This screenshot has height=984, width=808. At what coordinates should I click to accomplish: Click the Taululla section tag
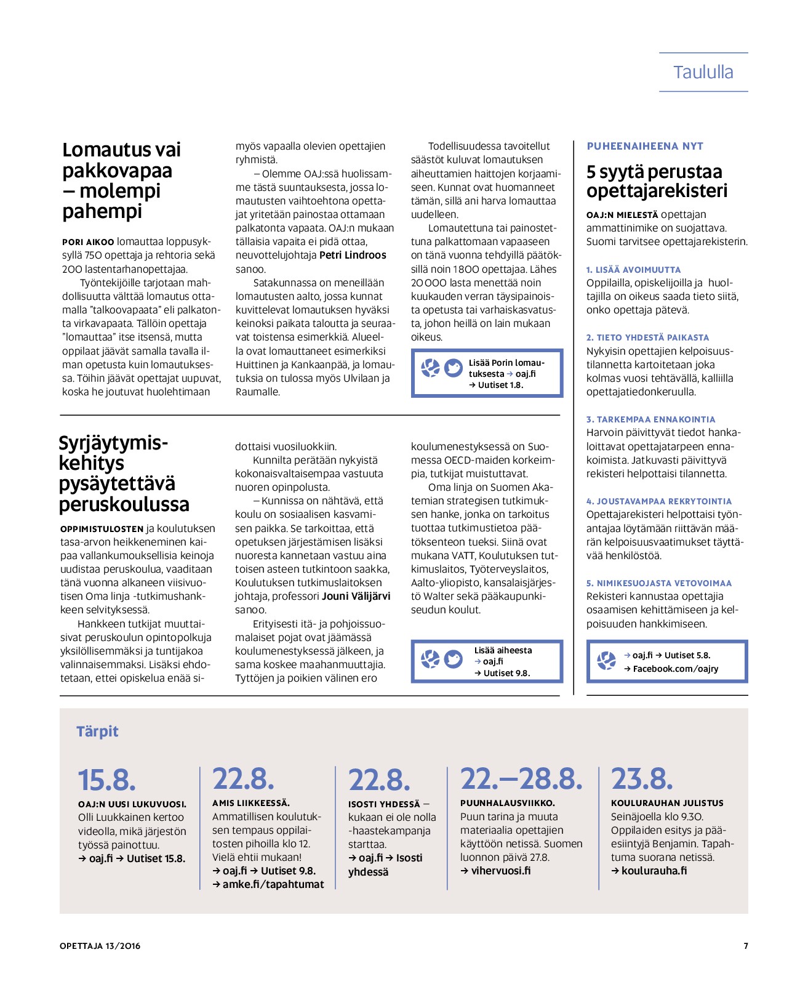703,72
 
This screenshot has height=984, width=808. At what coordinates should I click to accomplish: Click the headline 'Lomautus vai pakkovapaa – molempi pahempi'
121,180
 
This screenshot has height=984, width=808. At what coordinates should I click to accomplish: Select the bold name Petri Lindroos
353,255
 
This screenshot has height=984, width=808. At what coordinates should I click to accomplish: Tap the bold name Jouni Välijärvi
356,596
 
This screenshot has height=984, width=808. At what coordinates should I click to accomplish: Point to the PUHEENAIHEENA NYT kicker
644,146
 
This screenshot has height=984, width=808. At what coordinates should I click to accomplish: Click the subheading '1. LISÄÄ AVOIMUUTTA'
633,270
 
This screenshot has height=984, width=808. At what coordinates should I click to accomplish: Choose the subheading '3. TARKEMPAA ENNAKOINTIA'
650,419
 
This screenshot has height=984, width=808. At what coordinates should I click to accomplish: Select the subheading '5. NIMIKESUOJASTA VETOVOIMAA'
658,583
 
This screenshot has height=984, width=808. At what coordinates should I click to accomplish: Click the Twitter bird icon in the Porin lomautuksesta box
454,368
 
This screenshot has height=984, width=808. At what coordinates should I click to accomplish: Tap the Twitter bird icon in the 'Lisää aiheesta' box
454,659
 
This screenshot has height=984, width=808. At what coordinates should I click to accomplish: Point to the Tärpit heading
97,731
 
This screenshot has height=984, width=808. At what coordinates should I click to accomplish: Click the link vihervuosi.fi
500,871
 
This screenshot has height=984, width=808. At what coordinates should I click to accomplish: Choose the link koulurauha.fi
654,871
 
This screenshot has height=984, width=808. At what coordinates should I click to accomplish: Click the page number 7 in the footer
746,946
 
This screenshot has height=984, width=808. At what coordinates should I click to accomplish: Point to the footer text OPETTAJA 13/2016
100,946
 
